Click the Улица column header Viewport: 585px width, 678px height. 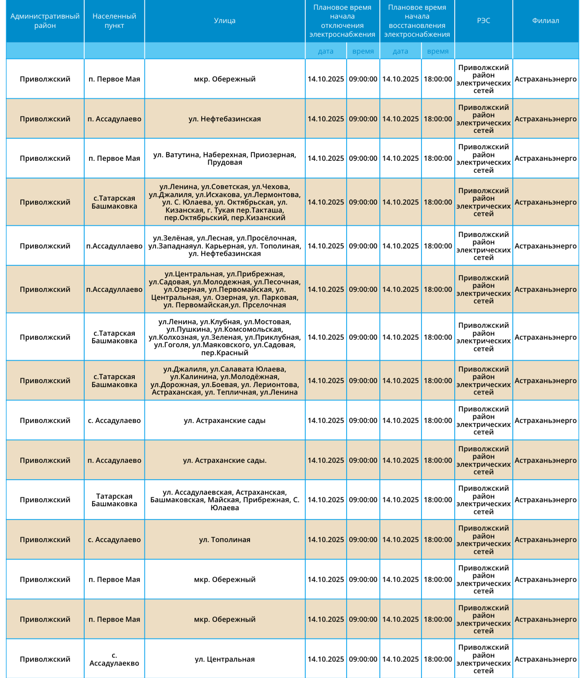[225, 21]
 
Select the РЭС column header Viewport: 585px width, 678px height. [484, 21]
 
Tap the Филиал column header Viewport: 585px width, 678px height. [546, 21]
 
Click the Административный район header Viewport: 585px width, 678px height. [45, 21]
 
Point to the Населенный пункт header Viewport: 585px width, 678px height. [114, 21]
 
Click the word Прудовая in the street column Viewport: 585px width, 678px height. [225, 163]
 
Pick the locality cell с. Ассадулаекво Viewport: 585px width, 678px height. [114, 659]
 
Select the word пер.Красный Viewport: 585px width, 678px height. [225, 353]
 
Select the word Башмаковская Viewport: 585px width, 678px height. [177, 500]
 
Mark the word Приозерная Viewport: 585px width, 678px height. [273, 155]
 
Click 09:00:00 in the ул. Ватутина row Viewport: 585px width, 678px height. [363, 159]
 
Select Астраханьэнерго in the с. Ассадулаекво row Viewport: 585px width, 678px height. [546, 659]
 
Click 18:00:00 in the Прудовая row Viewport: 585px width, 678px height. [438, 159]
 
